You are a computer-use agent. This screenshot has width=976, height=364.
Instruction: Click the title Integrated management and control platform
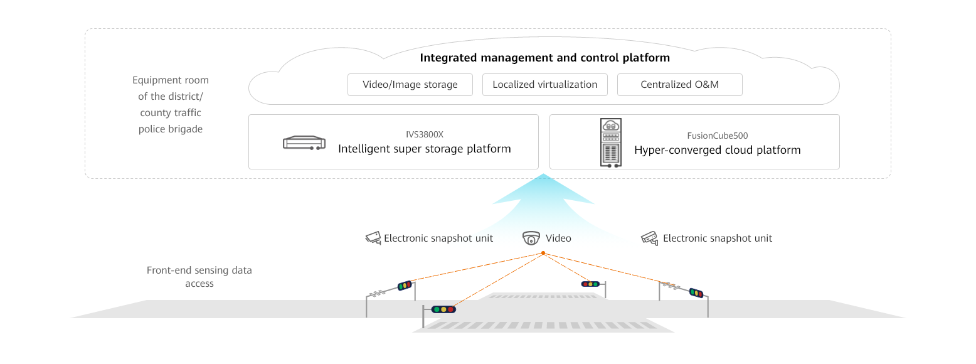[x=544, y=58]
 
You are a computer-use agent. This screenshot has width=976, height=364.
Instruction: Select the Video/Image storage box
[x=410, y=85]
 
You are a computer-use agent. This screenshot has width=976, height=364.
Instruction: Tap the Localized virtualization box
[x=544, y=85]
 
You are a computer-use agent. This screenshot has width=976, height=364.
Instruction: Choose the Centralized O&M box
[x=679, y=85]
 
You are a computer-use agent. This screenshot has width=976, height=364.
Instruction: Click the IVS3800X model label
[x=425, y=134]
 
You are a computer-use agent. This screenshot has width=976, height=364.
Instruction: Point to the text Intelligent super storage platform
[x=425, y=149]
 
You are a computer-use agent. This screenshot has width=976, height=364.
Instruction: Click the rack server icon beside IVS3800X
[x=304, y=143]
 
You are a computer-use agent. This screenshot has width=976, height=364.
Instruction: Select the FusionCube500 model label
[x=718, y=136]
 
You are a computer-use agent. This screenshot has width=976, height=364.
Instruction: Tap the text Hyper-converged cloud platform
[x=718, y=151]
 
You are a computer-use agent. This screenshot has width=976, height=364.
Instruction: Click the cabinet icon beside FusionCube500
[x=610, y=142]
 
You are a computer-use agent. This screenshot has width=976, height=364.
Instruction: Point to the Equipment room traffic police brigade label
[x=171, y=105]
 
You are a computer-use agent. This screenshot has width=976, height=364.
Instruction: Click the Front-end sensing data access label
[x=199, y=277]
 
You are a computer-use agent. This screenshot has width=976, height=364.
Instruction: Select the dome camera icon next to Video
[x=531, y=238]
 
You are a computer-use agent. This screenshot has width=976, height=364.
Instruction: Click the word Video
[x=558, y=238]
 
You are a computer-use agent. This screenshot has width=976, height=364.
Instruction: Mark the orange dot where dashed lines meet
[x=543, y=253]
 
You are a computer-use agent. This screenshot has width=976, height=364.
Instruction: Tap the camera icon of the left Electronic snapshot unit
[x=373, y=238]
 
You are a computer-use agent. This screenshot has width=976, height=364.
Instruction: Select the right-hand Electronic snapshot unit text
[x=718, y=238]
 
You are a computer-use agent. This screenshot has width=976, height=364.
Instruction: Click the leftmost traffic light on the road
[x=405, y=286]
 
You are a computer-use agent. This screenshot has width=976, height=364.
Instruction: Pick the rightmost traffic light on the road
[x=696, y=292]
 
